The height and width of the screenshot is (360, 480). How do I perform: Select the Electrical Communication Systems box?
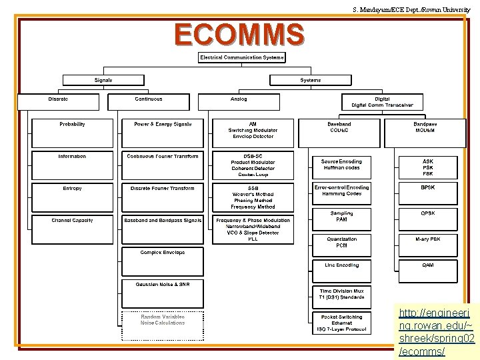(242, 57)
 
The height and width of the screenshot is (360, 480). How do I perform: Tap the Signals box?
(103, 80)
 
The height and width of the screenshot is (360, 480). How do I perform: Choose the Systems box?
(310, 80)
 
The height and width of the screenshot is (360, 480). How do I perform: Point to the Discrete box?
(58, 101)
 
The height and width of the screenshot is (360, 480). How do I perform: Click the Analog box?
(239, 101)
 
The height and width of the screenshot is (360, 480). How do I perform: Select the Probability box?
(72, 133)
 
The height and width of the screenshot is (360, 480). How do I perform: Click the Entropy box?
(72, 197)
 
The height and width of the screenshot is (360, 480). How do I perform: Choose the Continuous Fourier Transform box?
(163, 165)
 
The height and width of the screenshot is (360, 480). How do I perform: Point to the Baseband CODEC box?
(339, 133)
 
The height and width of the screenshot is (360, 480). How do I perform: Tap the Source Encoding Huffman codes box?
(341, 167)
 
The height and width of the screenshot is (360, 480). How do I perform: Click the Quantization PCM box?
(341, 242)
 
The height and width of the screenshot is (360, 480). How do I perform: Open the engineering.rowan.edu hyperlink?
(435, 332)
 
